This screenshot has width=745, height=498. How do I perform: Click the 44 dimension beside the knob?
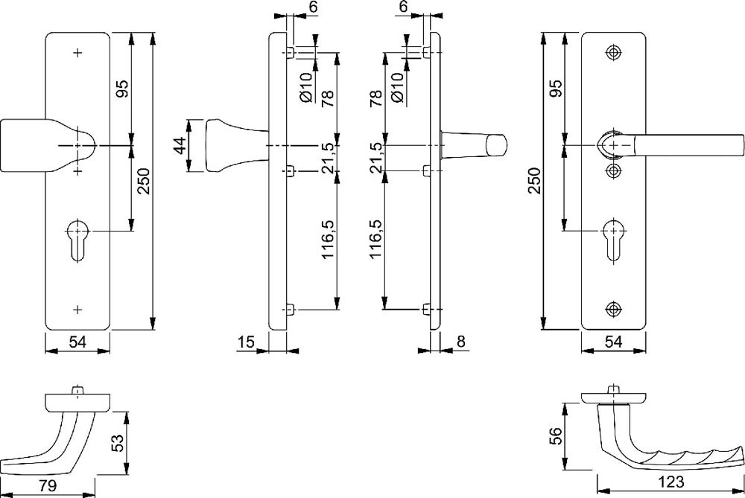coord(180,145)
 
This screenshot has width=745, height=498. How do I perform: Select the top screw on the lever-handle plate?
coord(614,52)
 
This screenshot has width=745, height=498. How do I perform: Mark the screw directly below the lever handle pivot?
coord(614,171)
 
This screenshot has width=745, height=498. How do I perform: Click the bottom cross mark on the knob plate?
coord(78,308)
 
